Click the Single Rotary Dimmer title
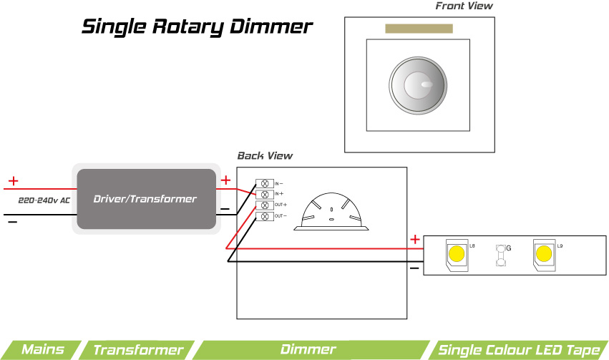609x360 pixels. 198,27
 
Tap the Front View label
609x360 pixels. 464,6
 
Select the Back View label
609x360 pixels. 265,155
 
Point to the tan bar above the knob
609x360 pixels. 419,29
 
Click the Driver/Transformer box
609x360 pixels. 145,198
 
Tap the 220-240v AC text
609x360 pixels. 44,200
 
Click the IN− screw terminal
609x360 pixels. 264,184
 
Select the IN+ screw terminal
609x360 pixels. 264,194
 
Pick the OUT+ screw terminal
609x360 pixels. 264,205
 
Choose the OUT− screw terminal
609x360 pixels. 264,215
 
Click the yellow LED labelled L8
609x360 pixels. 456,254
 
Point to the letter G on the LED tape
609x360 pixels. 508,248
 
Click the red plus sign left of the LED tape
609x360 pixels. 414,239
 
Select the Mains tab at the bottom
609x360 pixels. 42,350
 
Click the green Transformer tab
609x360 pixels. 137,350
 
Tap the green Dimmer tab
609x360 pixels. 308,350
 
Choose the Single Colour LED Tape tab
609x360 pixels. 518,350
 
